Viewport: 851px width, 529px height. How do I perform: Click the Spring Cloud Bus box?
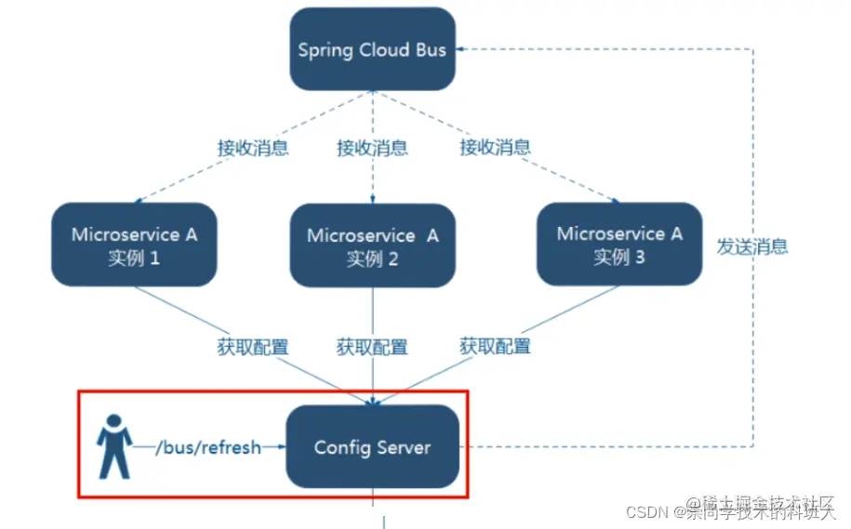(372, 49)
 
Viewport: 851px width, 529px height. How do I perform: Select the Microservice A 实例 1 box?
(134, 245)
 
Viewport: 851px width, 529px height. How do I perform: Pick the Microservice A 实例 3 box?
(619, 244)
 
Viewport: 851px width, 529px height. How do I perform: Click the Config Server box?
(372, 447)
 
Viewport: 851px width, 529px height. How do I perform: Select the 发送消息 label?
(752, 246)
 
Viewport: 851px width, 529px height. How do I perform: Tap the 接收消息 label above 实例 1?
(253, 148)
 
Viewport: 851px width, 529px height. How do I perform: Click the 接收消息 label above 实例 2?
(372, 148)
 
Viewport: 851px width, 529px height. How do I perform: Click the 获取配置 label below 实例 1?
(253, 348)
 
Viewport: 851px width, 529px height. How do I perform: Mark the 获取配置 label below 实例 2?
(372, 348)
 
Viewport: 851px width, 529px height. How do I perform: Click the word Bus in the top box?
(431, 49)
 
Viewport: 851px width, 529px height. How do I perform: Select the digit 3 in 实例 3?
(639, 257)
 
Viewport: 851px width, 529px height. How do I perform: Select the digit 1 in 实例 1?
(154, 258)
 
